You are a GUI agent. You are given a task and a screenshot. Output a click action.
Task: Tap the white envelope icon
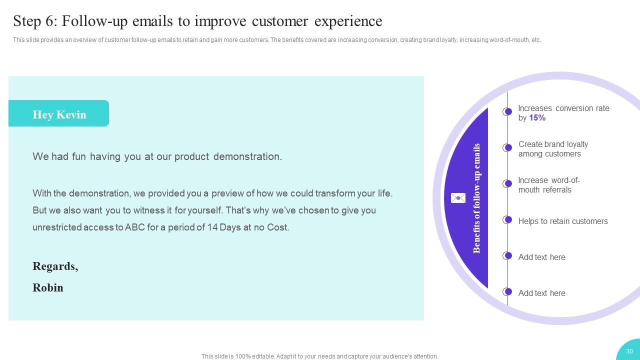458,198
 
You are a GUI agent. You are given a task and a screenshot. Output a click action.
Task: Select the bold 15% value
537,118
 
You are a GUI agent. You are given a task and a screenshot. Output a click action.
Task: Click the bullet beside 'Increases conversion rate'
507,111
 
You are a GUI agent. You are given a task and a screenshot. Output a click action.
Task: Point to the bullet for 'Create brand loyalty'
507,147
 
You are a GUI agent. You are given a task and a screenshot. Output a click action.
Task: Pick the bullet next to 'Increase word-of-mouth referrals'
507,183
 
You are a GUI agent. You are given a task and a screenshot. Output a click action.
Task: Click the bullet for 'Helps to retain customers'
507,219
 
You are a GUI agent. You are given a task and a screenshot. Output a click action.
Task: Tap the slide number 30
629,351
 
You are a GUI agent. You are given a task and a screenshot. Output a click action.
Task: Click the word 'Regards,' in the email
55,266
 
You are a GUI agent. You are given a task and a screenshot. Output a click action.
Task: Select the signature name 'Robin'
48,287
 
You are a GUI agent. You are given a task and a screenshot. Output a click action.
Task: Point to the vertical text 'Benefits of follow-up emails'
476,198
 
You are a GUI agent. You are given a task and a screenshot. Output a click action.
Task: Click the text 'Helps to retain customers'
563,221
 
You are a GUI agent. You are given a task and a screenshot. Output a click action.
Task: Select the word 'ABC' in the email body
134,227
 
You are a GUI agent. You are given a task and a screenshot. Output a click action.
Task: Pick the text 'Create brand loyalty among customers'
553,149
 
